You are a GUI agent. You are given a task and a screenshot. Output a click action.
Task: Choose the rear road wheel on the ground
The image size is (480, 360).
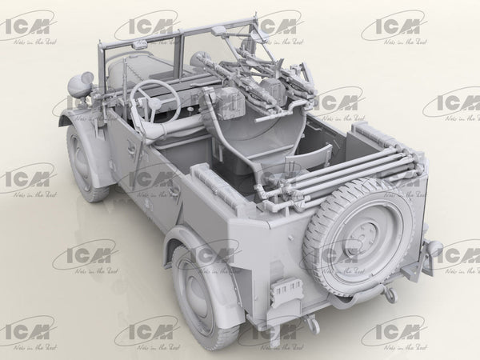pyautogui.click(x=195, y=295)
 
